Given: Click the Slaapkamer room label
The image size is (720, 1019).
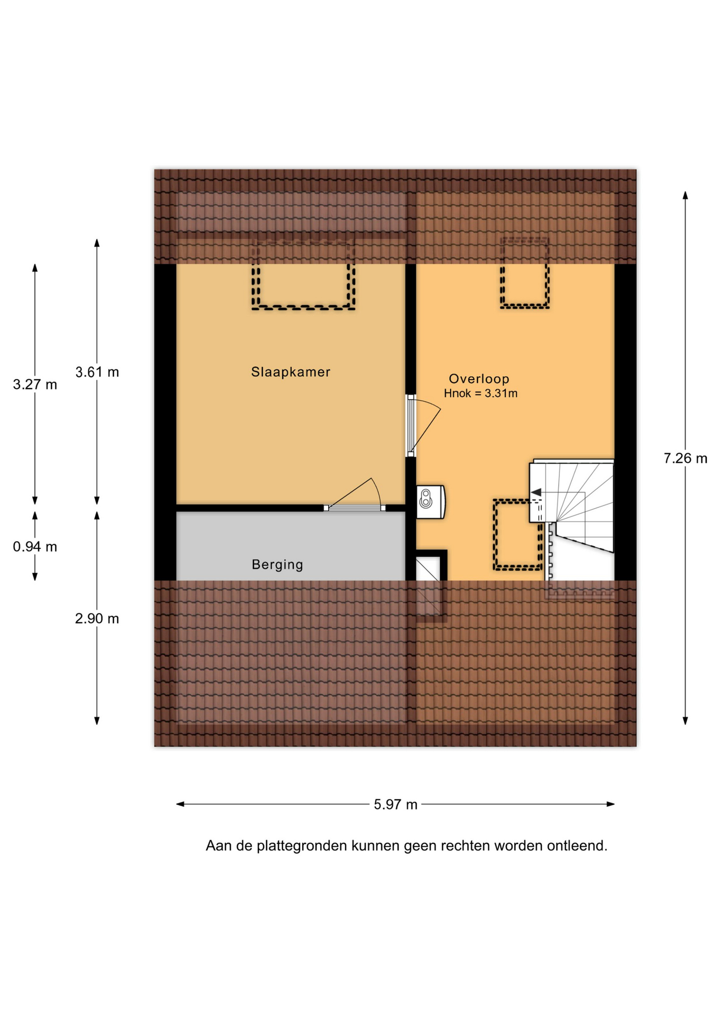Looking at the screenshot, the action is pyautogui.click(x=291, y=372).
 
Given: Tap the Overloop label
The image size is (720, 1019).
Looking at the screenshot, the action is pyautogui.click(x=479, y=379).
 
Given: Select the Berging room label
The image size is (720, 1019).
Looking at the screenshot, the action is pyautogui.click(x=277, y=565).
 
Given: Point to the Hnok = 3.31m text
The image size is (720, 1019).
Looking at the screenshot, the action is pyautogui.click(x=480, y=394).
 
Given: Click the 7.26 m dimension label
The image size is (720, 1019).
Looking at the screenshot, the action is pyautogui.click(x=685, y=459).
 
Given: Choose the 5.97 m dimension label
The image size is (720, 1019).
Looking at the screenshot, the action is pyautogui.click(x=396, y=805).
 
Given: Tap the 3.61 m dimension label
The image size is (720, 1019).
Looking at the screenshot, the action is pyautogui.click(x=97, y=373).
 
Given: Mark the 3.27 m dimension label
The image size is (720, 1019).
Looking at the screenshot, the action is pyautogui.click(x=35, y=385).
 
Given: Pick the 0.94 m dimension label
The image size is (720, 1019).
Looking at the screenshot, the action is pyautogui.click(x=35, y=547).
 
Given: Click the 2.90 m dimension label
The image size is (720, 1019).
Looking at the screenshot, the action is pyautogui.click(x=97, y=619).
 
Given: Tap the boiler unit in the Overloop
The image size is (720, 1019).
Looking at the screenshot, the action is pyautogui.click(x=431, y=502).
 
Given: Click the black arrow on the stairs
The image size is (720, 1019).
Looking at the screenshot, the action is pyautogui.click(x=537, y=492).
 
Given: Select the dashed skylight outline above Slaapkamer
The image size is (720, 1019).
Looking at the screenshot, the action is pyautogui.click(x=303, y=274).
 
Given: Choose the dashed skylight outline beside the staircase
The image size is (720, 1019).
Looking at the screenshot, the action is pyautogui.click(x=517, y=534).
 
